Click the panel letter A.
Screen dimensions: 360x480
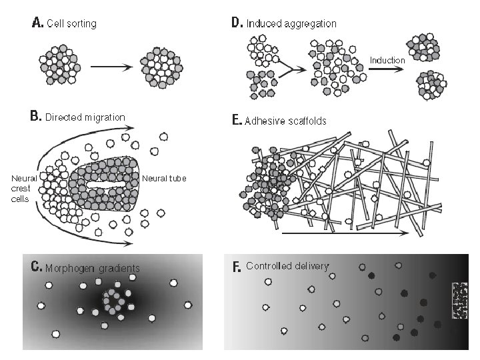[37, 23]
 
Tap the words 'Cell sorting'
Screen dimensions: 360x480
[71, 24]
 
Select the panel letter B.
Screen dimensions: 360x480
[36, 117]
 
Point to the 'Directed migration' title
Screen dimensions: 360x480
[85, 117]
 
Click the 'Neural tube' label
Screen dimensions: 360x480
[165, 178]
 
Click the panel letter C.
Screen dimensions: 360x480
[37, 267]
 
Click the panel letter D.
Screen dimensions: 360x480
[237, 23]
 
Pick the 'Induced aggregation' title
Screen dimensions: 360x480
[291, 24]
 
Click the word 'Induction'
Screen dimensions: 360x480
[387, 60]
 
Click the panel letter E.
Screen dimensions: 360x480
[236, 121]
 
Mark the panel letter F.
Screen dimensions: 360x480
[236, 267]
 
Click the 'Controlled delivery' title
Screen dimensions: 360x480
[287, 266]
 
